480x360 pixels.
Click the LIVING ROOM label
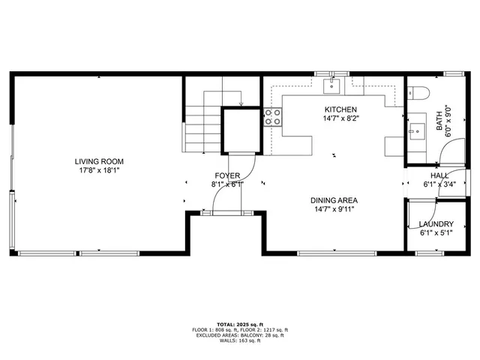point(99,161)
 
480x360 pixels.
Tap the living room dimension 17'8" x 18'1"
point(99,170)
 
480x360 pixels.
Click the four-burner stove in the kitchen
point(272,116)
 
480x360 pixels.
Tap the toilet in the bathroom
point(418,94)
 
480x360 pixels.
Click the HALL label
point(439,175)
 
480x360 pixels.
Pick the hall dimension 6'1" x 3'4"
point(439,184)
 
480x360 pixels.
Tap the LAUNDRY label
point(436,224)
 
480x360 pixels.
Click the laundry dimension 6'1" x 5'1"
point(436,233)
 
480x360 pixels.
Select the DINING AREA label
point(334,200)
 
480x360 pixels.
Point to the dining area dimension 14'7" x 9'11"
point(334,209)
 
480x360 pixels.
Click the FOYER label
point(227,175)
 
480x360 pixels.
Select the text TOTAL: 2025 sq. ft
point(239,323)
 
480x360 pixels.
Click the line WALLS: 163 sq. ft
point(239,341)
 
